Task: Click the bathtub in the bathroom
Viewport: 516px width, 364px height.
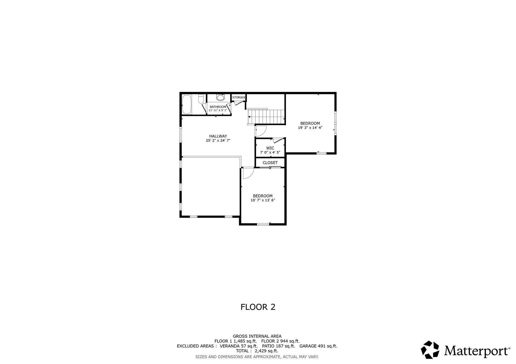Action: pyautogui.click(x=187, y=104)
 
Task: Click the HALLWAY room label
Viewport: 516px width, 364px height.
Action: pyautogui.click(x=218, y=136)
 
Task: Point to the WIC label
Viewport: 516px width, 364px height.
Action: pyautogui.click(x=270, y=148)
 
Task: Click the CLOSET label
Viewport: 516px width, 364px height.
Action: pyautogui.click(x=270, y=163)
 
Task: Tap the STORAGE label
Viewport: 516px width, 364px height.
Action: pyautogui.click(x=239, y=98)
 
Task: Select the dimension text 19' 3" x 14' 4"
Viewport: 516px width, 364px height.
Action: pyautogui.click(x=310, y=128)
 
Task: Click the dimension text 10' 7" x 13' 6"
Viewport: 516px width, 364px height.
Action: pyautogui.click(x=263, y=200)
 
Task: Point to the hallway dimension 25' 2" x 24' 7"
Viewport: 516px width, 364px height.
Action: pyautogui.click(x=218, y=141)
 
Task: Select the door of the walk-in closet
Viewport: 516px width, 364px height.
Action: pyautogui.click(x=278, y=140)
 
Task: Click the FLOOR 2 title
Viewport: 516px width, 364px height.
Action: pyautogui.click(x=258, y=307)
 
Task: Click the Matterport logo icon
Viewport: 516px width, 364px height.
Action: pyautogui.click(x=431, y=349)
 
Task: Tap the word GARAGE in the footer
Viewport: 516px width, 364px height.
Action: pyautogui.click(x=308, y=346)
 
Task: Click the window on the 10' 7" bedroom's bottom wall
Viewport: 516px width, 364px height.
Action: pyautogui.click(x=263, y=224)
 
